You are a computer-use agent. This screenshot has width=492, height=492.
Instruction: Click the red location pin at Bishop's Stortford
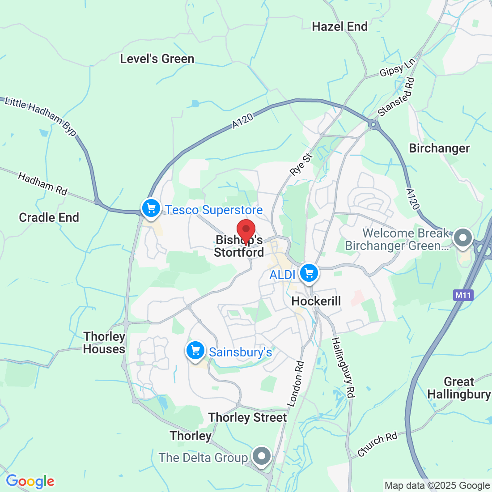[246, 230]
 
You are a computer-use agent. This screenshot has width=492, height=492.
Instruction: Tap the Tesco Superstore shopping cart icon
[151, 208]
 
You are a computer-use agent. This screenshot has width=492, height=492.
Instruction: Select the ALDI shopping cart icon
[309, 272]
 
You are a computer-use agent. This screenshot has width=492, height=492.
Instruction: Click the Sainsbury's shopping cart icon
[195, 350]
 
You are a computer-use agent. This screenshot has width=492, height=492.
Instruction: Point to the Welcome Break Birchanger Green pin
[463, 238]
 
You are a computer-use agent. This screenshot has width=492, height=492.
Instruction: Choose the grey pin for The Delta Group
[262, 456]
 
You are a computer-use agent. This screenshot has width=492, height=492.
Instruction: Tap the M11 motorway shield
[462, 295]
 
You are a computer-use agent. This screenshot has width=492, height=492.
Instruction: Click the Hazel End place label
[340, 27]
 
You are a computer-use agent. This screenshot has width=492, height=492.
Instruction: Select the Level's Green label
[157, 59]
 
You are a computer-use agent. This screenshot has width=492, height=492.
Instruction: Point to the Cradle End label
[49, 218]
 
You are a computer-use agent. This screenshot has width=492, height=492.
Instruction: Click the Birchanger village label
[439, 148]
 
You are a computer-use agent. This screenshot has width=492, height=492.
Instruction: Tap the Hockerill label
[316, 301]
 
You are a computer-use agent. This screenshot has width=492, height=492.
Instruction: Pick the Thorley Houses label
[104, 343]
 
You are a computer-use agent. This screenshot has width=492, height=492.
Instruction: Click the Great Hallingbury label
[459, 388]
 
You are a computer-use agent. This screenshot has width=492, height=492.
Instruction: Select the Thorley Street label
[247, 418]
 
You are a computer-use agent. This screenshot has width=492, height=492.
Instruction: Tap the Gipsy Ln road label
[398, 67]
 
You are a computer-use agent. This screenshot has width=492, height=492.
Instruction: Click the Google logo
[30, 481]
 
